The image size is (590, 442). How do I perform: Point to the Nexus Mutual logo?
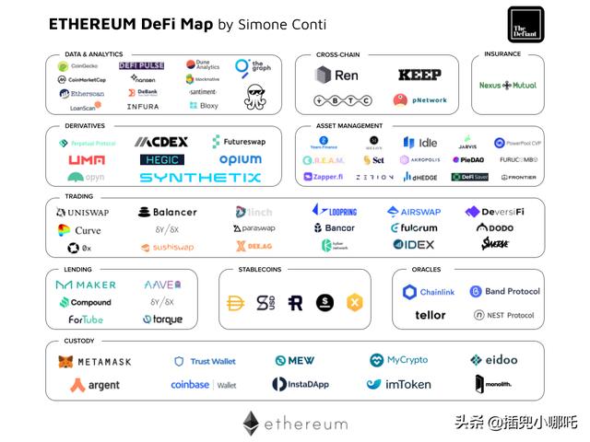[x=508, y=86]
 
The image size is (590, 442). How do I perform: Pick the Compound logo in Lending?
[x=86, y=302]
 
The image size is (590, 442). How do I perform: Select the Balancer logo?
[x=167, y=212]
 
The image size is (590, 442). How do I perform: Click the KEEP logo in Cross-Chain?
[x=419, y=75]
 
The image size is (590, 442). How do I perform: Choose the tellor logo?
[x=430, y=315]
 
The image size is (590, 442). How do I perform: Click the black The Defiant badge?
[x=525, y=25]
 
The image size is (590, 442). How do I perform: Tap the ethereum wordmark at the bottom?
[x=295, y=424]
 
